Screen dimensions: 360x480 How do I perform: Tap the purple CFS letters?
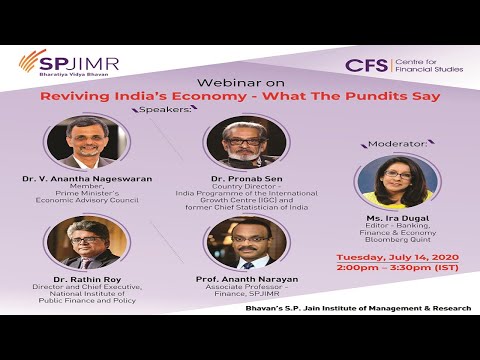click(x=366, y=65)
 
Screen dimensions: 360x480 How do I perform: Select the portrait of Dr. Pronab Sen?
click(x=244, y=142)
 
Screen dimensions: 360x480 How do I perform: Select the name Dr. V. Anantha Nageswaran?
click(x=87, y=179)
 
